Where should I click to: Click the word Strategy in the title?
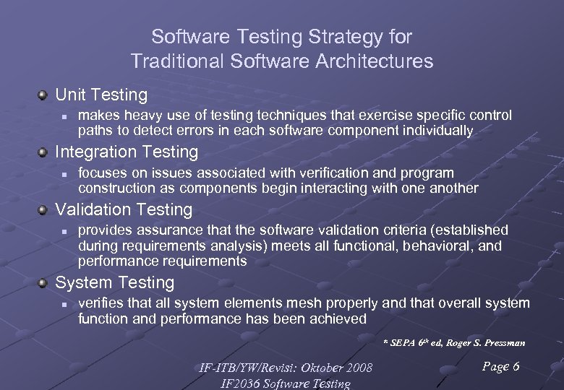[x=316, y=37]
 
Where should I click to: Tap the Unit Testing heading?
[x=101, y=95]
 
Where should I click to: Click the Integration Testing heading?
[x=127, y=152]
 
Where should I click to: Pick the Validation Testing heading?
[x=124, y=209]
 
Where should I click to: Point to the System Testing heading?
[x=115, y=282]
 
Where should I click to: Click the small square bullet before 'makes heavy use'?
[x=64, y=116]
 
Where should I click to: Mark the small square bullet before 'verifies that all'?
[x=64, y=304]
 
